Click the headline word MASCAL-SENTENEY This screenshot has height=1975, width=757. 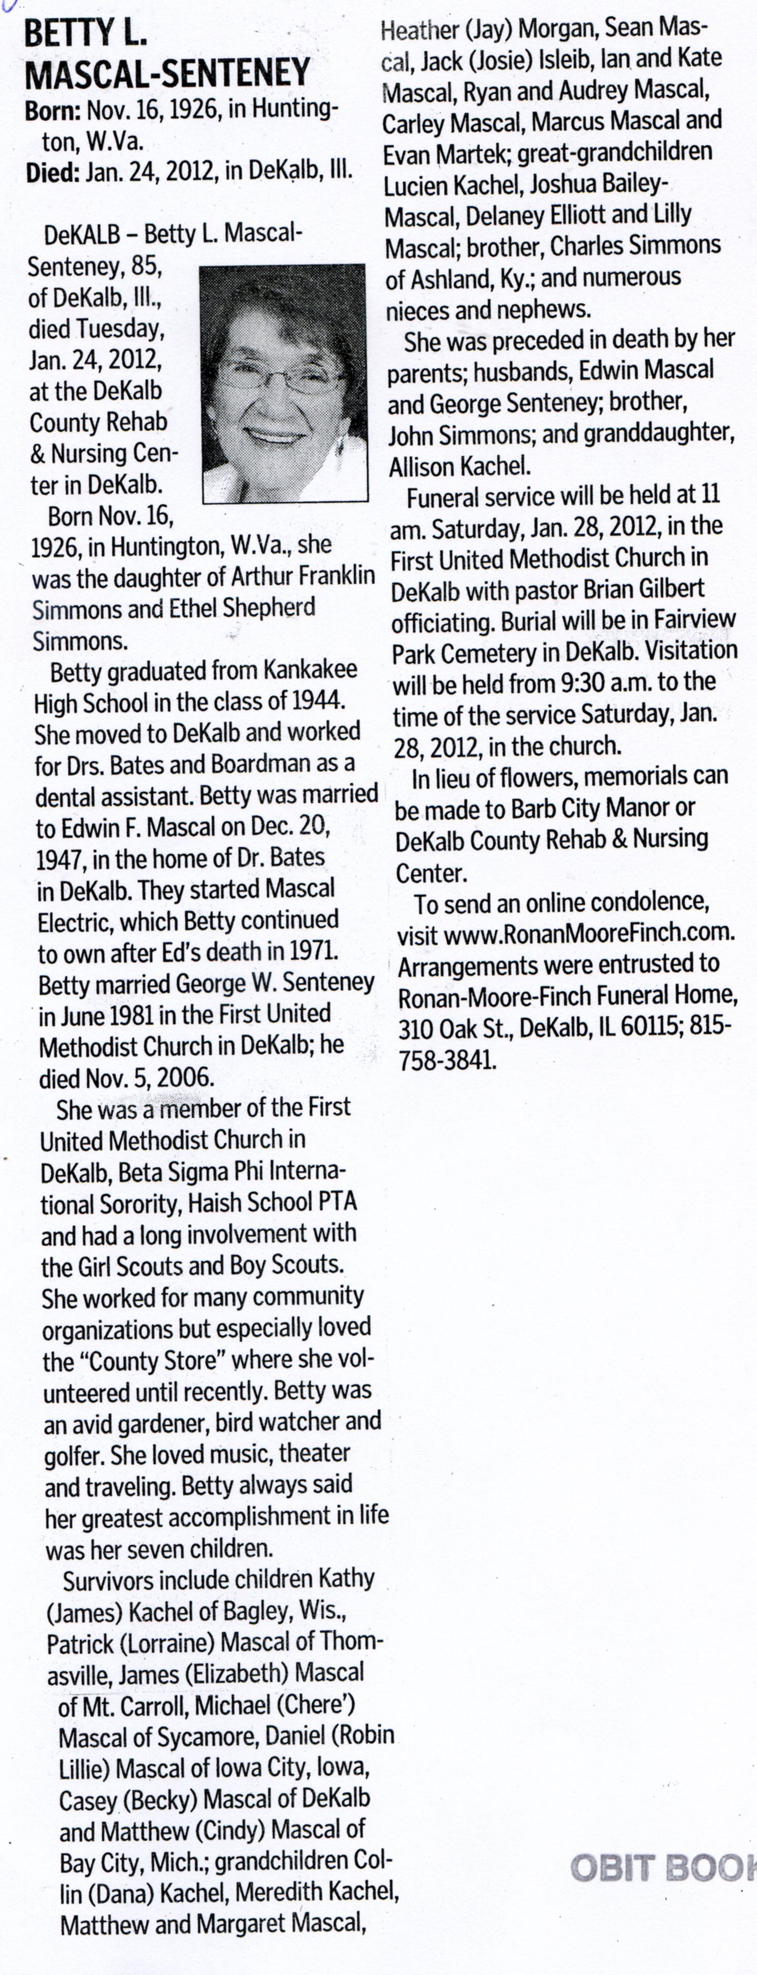pyautogui.click(x=167, y=73)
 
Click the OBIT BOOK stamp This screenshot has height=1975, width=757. pyautogui.click(x=663, y=1867)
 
